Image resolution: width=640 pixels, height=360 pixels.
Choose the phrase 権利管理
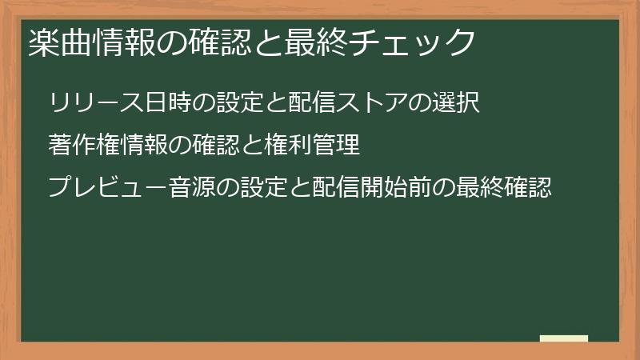click(312, 146)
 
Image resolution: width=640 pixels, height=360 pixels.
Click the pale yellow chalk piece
click(564, 338)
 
